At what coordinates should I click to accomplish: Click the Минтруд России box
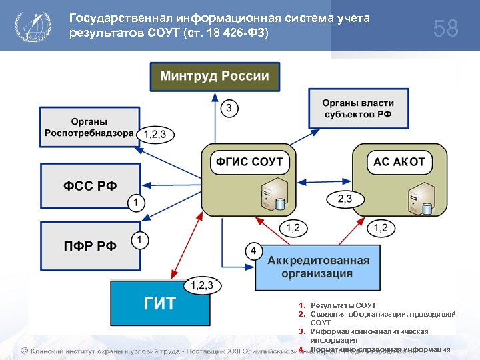(x=214, y=76)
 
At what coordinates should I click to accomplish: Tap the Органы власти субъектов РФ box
(x=358, y=108)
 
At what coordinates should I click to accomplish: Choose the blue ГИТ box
(x=160, y=304)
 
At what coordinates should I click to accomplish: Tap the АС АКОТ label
(x=399, y=161)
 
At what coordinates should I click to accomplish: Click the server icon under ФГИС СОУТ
(x=273, y=194)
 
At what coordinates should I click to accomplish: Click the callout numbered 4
(x=253, y=251)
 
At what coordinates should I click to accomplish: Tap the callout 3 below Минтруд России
(x=229, y=108)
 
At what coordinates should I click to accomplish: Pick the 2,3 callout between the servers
(x=345, y=198)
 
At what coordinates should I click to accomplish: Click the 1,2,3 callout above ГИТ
(x=202, y=285)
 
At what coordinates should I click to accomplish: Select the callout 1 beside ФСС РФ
(x=135, y=201)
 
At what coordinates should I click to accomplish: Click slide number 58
(x=445, y=29)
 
